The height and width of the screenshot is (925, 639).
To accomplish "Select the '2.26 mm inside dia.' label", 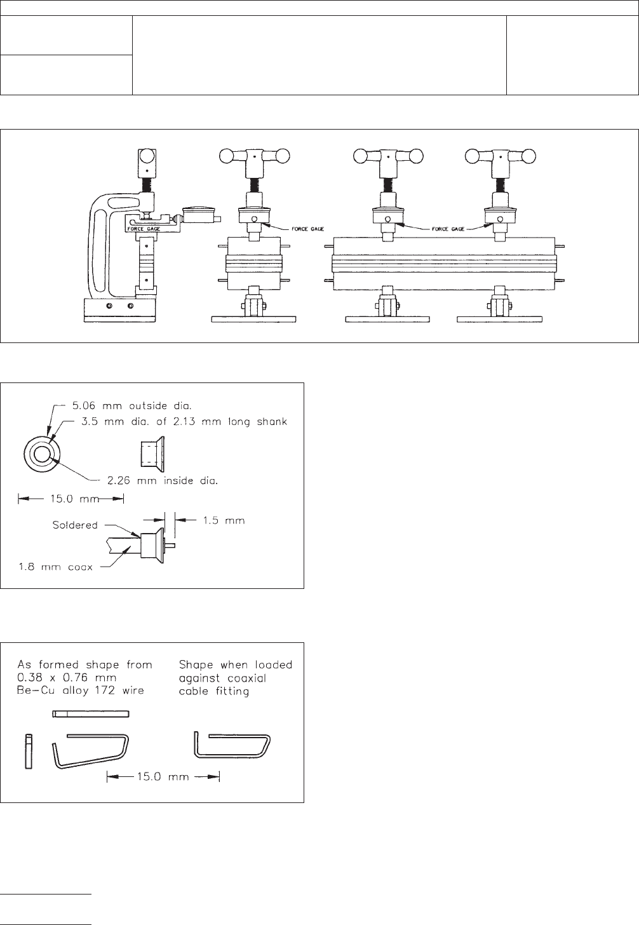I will [163, 480].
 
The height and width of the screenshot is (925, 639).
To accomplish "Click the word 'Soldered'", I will [75, 525].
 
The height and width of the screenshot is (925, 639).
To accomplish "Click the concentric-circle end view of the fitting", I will [42, 455].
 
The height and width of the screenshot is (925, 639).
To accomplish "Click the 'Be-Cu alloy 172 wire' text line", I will [81, 691].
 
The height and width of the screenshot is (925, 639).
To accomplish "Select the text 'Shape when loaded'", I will [235, 665].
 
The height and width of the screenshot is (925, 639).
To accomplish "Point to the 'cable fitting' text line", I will [214, 691].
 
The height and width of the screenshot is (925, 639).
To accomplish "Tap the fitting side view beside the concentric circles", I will [152, 453].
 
